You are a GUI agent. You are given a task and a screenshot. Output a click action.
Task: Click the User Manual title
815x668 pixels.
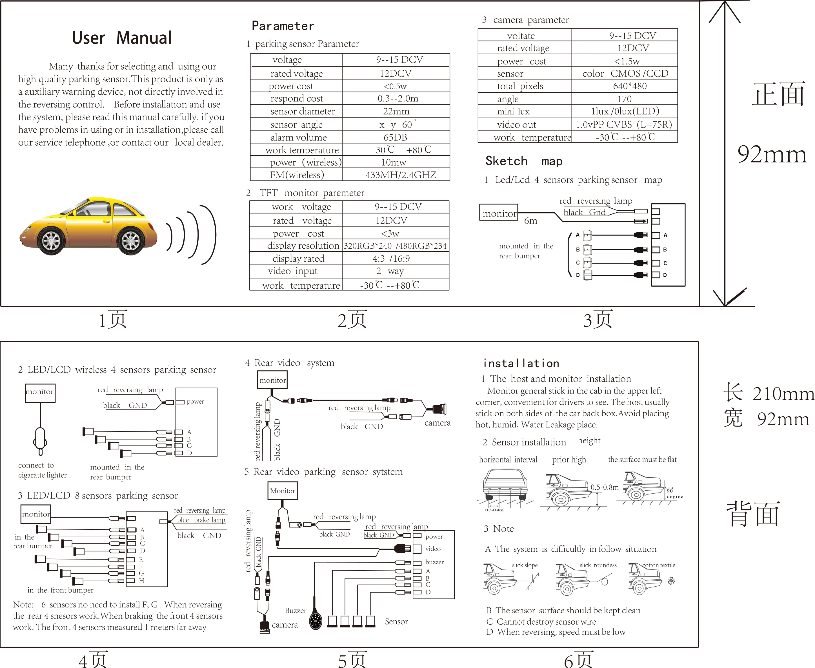pos(122,38)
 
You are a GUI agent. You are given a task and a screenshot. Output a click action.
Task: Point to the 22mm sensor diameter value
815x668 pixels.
pos(396,112)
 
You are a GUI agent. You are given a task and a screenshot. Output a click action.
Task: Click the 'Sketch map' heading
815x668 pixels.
pos(524,161)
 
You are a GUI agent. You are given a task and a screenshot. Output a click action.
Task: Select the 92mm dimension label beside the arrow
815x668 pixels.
pos(772,155)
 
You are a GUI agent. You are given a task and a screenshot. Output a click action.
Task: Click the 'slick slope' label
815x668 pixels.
pos(524,565)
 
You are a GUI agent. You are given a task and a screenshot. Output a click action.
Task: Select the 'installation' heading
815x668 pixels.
pos(521,364)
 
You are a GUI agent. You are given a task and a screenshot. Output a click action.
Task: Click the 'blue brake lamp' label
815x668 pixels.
pos(201,520)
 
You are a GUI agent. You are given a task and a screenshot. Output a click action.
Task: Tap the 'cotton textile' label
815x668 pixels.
pos(658,565)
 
